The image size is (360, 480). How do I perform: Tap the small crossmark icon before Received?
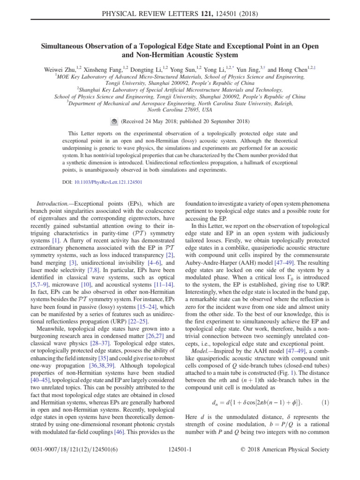coord(114,121)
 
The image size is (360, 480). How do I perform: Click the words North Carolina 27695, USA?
coord(180,111)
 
